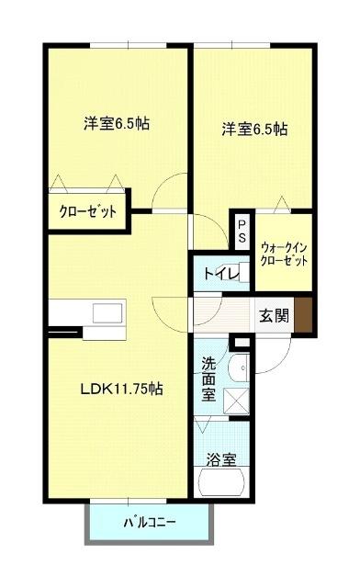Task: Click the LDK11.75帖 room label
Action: [120, 389]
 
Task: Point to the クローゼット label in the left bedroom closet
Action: [88, 211]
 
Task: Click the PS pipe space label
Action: [242, 229]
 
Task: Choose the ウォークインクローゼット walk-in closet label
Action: [284, 253]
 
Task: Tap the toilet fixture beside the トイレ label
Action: [238, 273]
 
